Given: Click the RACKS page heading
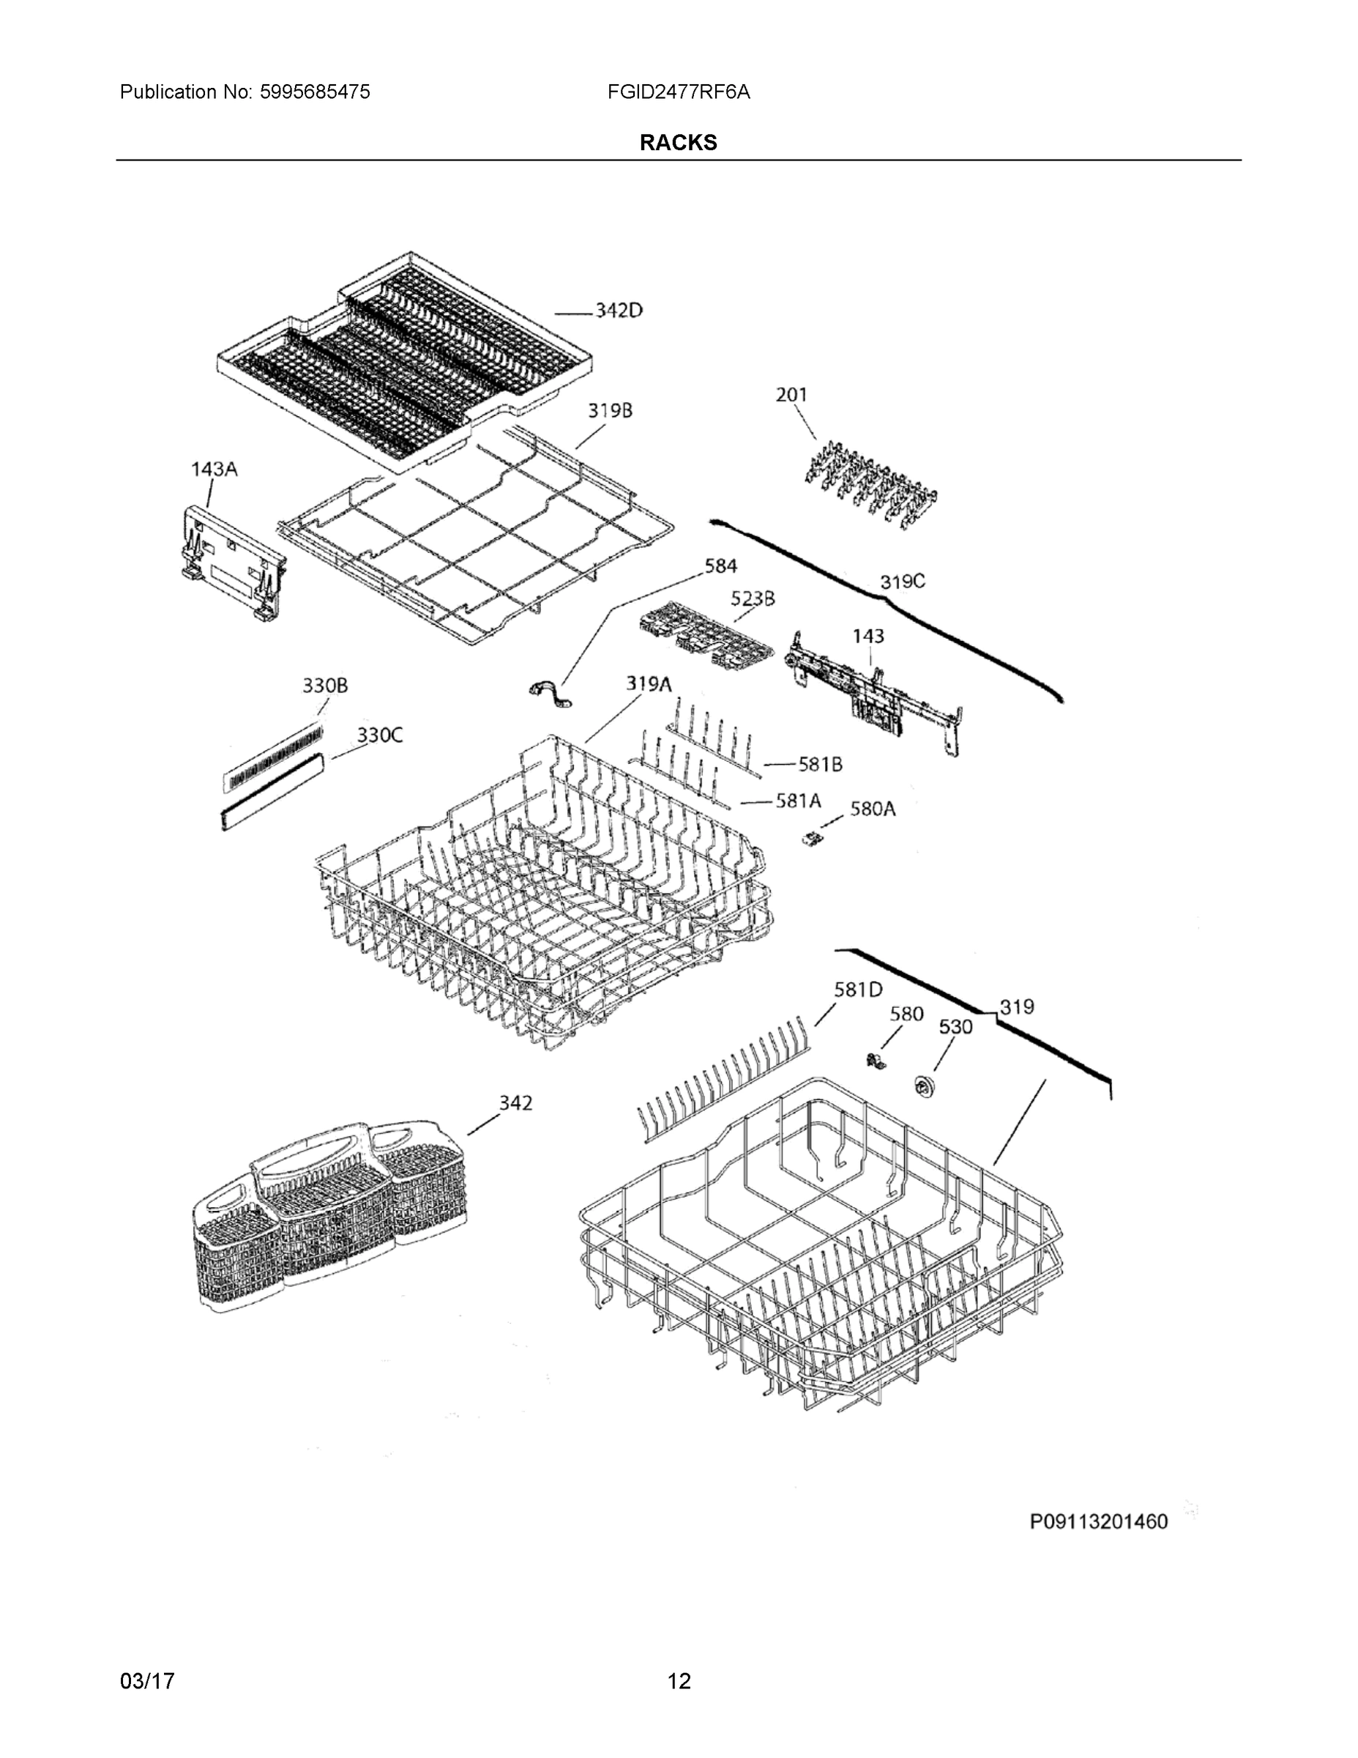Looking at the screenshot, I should (678, 143).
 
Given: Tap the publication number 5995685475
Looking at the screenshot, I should (315, 92).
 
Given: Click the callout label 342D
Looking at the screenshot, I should (618, 311).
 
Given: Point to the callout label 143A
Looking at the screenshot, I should (214, 469).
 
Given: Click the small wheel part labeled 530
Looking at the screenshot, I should (921, 1086).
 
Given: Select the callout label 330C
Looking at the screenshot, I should (380, 734).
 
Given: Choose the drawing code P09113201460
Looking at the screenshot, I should (1098, 1521).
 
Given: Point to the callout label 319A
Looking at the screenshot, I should (649, 684).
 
